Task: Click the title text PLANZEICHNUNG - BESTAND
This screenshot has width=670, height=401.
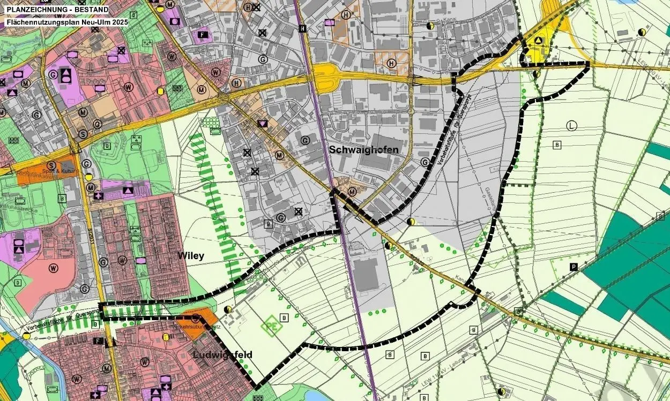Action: pos(57,10)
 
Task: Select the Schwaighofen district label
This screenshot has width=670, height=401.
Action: pos(364,149)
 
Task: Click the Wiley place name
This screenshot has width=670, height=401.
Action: pos(191,256)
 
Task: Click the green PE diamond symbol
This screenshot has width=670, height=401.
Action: pos(272,325)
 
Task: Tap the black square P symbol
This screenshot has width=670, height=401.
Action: pos(574,267)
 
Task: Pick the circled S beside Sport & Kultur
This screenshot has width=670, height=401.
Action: pos(51,165)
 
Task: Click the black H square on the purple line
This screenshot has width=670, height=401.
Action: pos(303,28)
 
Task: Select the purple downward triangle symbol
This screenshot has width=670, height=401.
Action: pos(263,124)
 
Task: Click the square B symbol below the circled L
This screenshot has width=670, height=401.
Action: pos(557,145)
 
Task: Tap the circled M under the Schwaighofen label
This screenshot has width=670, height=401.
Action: pos(352,192)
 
